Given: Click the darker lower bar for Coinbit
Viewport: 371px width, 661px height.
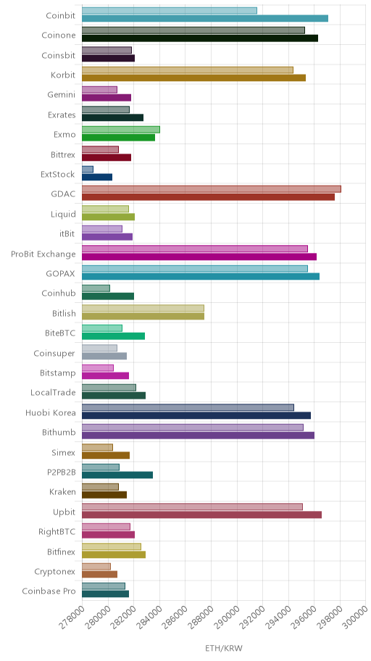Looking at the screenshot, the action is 205,18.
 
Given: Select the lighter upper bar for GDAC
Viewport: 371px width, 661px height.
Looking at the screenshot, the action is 211,189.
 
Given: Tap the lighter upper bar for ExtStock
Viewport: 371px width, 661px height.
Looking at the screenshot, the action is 87,169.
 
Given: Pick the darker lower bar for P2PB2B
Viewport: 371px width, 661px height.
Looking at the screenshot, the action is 117,475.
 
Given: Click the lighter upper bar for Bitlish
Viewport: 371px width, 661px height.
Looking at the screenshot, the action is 143,308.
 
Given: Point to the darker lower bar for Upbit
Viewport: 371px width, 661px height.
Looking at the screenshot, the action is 201,515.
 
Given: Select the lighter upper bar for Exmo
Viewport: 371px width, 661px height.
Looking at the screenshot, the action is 120,130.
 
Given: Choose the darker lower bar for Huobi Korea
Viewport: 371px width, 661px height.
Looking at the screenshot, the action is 196,415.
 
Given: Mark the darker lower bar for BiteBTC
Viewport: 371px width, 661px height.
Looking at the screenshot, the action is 114,336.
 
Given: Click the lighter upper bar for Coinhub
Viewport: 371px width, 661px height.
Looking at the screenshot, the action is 96,288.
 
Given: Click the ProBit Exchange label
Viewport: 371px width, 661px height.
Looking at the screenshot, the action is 43,254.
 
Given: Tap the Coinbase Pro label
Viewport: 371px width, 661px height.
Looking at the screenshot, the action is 49,591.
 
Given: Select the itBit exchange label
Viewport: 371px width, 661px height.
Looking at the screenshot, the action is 67,234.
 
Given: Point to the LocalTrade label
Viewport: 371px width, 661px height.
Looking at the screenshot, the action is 53,393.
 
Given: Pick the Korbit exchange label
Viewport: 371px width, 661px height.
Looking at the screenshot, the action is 63,75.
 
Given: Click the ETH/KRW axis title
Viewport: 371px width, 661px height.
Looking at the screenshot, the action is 224,649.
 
